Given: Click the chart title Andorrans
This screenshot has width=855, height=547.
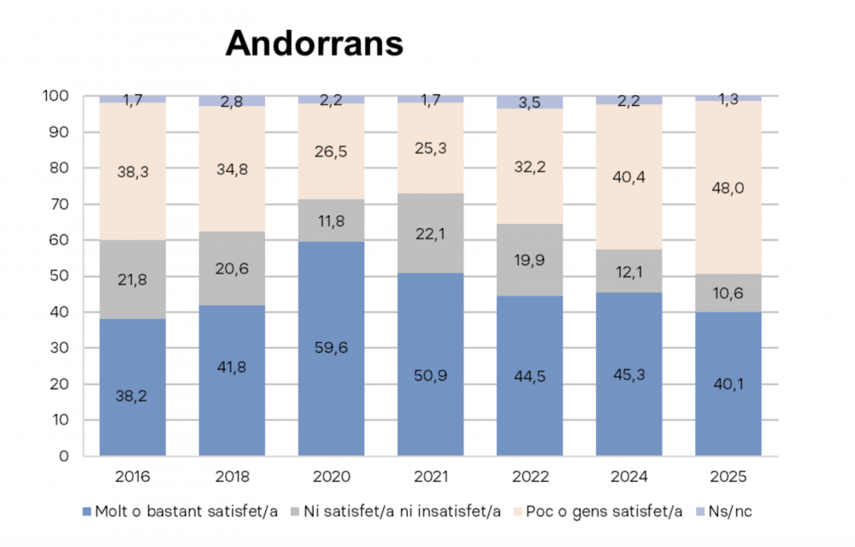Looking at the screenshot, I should point(314,44).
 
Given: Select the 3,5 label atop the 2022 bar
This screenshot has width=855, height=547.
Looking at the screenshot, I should point(529,103).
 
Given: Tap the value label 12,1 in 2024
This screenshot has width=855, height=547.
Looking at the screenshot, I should point(628,270).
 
